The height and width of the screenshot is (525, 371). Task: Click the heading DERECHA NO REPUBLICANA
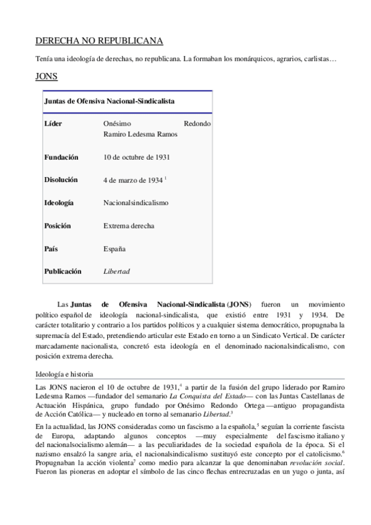point(99,41)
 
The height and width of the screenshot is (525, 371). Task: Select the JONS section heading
point(47,78)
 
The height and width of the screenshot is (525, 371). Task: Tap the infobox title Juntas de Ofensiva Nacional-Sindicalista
point(108,100)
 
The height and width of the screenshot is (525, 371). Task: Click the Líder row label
point(53,123)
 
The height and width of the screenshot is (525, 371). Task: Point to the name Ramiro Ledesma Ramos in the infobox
point(141,134)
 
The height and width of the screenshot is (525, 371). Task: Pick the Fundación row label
point(61,157)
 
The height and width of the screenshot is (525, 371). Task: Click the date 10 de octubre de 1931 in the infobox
point(137,157)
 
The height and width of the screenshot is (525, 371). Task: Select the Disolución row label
point(61,180)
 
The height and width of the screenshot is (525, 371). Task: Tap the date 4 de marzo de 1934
point(133,180)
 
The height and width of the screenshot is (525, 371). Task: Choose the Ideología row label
point(59,202)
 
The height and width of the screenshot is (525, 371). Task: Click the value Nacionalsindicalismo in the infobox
point(136,202)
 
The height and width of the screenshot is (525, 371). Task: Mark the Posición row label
point(57,225)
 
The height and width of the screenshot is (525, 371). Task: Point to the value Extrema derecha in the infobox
point(129,225)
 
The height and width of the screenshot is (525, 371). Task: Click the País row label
point(51,248)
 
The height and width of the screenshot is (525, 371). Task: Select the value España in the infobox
point(114,248)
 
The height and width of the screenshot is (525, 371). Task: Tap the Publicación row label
point(63,271)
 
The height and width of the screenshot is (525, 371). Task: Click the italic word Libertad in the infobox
point(116,271)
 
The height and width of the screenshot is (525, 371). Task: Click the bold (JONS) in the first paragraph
point(239,305)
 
